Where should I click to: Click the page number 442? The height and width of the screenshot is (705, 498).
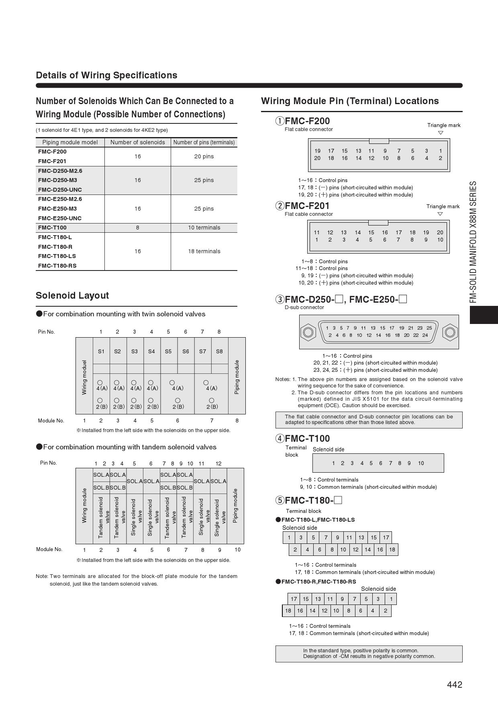tap(455, 685)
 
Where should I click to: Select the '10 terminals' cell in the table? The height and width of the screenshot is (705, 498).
tap(204, 227)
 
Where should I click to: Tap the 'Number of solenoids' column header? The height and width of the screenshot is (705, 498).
tap(137, 142)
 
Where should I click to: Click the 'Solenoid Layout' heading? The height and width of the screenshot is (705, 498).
tap(72, 295)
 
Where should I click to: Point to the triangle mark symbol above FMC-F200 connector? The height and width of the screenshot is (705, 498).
tap(440, 133)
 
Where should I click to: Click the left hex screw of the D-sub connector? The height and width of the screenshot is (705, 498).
tap(308, 332)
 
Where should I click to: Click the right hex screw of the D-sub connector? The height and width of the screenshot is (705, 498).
tap(450, 332)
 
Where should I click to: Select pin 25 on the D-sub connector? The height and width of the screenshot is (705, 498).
tap(429, 328)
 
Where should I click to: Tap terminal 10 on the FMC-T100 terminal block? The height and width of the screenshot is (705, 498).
tap(421, 463)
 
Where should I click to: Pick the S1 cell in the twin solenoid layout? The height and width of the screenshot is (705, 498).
tap(101, 351)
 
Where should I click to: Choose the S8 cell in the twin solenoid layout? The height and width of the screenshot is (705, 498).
tap(219, 351)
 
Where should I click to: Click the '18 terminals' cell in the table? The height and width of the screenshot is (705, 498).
tap(204, 251)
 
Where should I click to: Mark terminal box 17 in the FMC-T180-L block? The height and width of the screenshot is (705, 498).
tap(386, 537)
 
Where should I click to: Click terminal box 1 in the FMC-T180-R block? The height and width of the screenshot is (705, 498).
tap(391, 599)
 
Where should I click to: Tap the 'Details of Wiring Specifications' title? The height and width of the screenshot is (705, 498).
tap(106, 75)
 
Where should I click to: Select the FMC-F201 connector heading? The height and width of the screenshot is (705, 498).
tap(307, 206)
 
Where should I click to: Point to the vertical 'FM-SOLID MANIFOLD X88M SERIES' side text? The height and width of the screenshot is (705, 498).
tap(474, 242)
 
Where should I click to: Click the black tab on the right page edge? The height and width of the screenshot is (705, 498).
tap(484, 315)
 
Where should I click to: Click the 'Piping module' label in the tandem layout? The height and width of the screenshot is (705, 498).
tap(235, 506)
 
